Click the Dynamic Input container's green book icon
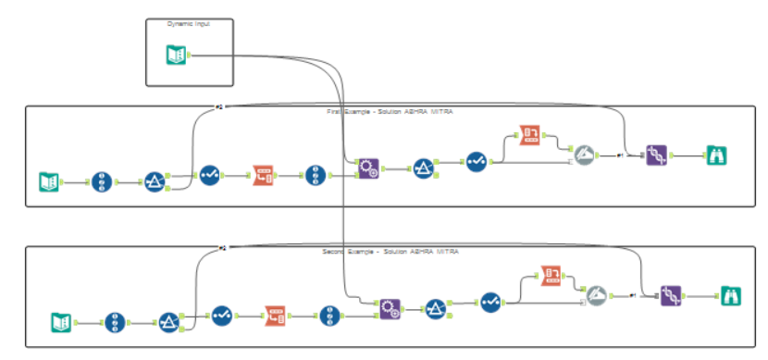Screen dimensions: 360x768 coord(175,56)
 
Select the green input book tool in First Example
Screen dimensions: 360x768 coord(49,181)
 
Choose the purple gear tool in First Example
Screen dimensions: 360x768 coord(368,168)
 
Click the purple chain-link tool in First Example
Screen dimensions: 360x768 coord(656,155)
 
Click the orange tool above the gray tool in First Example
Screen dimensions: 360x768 coord(530,135)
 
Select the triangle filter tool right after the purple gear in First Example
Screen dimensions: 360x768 coord(423,168)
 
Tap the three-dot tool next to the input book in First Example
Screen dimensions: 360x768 coord(101,181)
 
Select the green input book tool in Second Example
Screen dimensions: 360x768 coord(61,322)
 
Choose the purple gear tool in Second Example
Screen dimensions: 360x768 coord(390,309)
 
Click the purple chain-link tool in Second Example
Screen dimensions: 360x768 coord(671,295)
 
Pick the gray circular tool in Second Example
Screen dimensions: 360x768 coord(597,295)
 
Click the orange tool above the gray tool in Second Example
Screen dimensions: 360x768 coord(552,276)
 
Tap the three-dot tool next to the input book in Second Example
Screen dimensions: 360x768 coord(115,322)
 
